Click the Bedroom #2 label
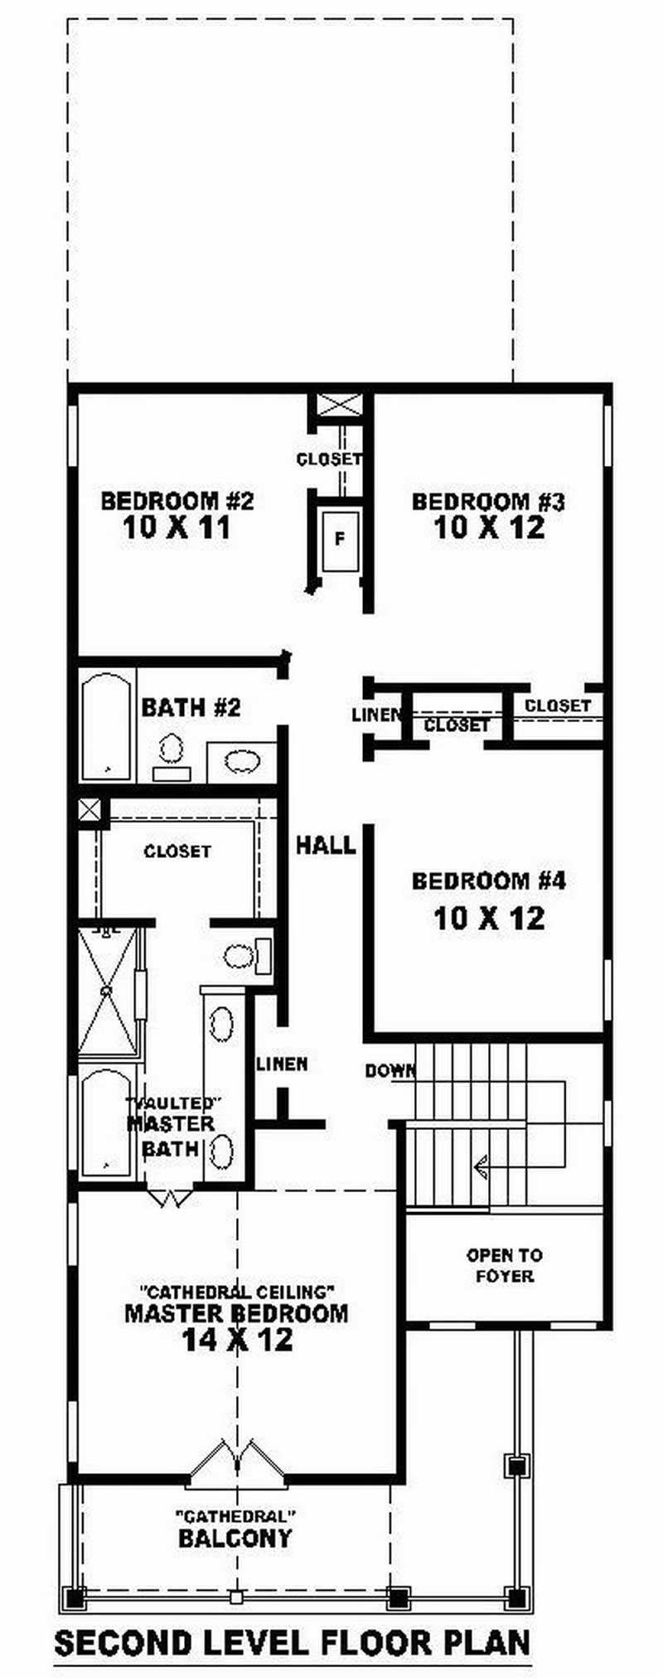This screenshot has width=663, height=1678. pyautogui.click(x=177, y=501)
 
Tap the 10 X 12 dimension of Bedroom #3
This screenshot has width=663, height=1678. pyautogui.click(x=489, y=527)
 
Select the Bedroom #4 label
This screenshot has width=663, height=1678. pyautogui.click(x=489, y=880)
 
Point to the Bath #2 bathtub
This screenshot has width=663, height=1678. pyautogui.click(x=107, y=726)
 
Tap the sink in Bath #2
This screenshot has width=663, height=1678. pyautogui.click(x=241, y=761)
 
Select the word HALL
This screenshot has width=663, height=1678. pyautogui.click(x=326, y=846)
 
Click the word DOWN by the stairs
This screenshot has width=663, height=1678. pyautogui.click(x=390, y=1071)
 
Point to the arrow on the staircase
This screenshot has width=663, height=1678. pyautogui.click(x=481, y=1167)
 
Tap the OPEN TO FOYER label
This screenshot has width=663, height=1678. pyautogui.click(x=504, y=1266)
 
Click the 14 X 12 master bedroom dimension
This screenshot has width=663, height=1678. pyautogui.click(x=237, y=1340)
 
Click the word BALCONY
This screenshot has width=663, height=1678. pyautogui.click(x=235, y=1539)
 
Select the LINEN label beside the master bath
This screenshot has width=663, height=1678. pyautogui.click(x=282, y=1064)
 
